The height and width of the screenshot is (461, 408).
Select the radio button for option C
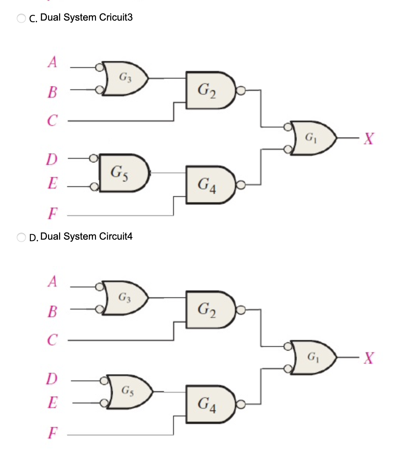coord(21,18)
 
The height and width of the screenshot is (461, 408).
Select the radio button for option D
coord(21,237)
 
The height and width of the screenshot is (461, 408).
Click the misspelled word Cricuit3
coord(116,18)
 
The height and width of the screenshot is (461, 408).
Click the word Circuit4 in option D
coord(116,237)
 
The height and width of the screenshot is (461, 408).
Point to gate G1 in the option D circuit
coord(313,357)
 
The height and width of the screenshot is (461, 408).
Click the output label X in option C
coord(368,138)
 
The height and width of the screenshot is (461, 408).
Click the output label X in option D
coord(368,358)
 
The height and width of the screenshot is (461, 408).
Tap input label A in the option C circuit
coord(52,62)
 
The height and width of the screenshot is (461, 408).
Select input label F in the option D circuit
coord(53,433)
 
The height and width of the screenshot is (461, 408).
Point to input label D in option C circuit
coord(52,159)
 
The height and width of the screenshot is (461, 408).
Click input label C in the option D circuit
coord(52,339)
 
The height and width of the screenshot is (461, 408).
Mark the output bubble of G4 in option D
coord(240,404)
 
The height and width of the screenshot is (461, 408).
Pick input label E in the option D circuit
coord(53,402)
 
